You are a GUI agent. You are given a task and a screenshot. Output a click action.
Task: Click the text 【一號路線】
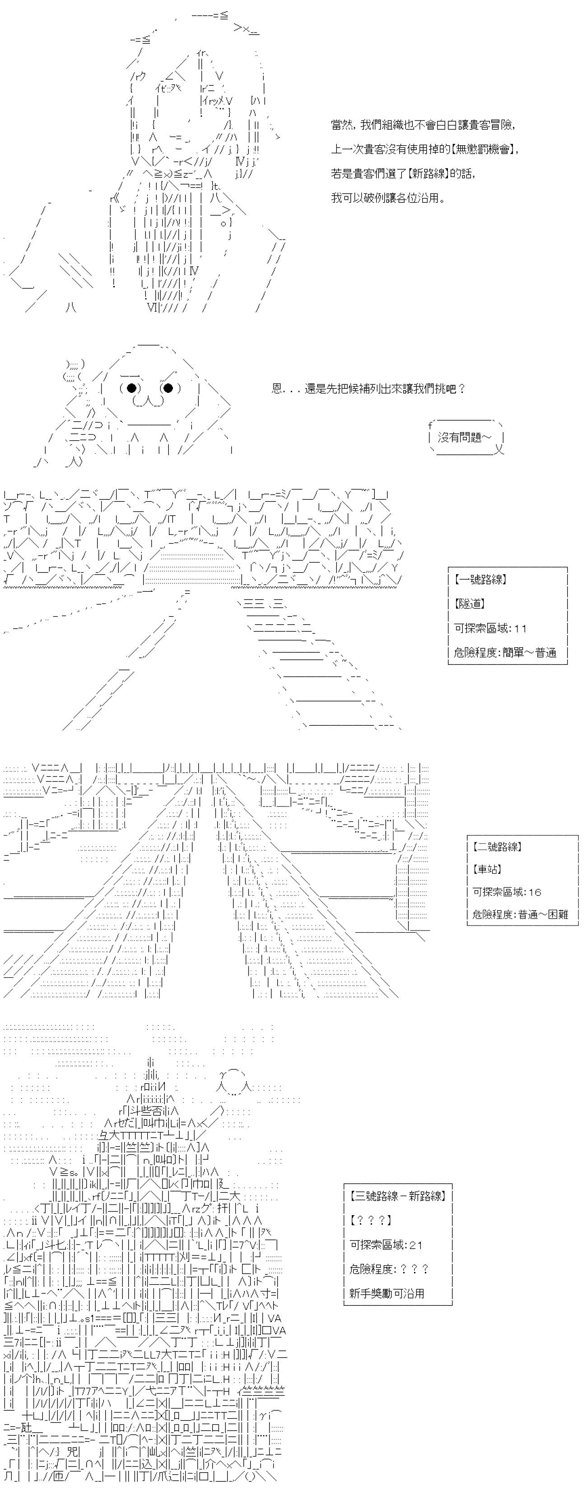(x=481, y=579)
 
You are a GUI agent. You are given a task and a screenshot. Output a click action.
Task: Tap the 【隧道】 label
(x=470, y=604)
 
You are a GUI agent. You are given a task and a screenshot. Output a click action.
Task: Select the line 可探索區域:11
(x=490, y=628)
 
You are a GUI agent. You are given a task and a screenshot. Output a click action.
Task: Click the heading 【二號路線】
(x=497, y=847)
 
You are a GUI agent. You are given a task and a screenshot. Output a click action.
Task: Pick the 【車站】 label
(x=487, y=869)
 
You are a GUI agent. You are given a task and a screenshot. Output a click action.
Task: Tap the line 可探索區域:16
(x=507, y=892)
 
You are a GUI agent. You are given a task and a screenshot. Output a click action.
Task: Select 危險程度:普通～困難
(x=520, y=915)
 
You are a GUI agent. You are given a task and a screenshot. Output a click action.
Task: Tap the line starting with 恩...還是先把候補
(x=368, y=388)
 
